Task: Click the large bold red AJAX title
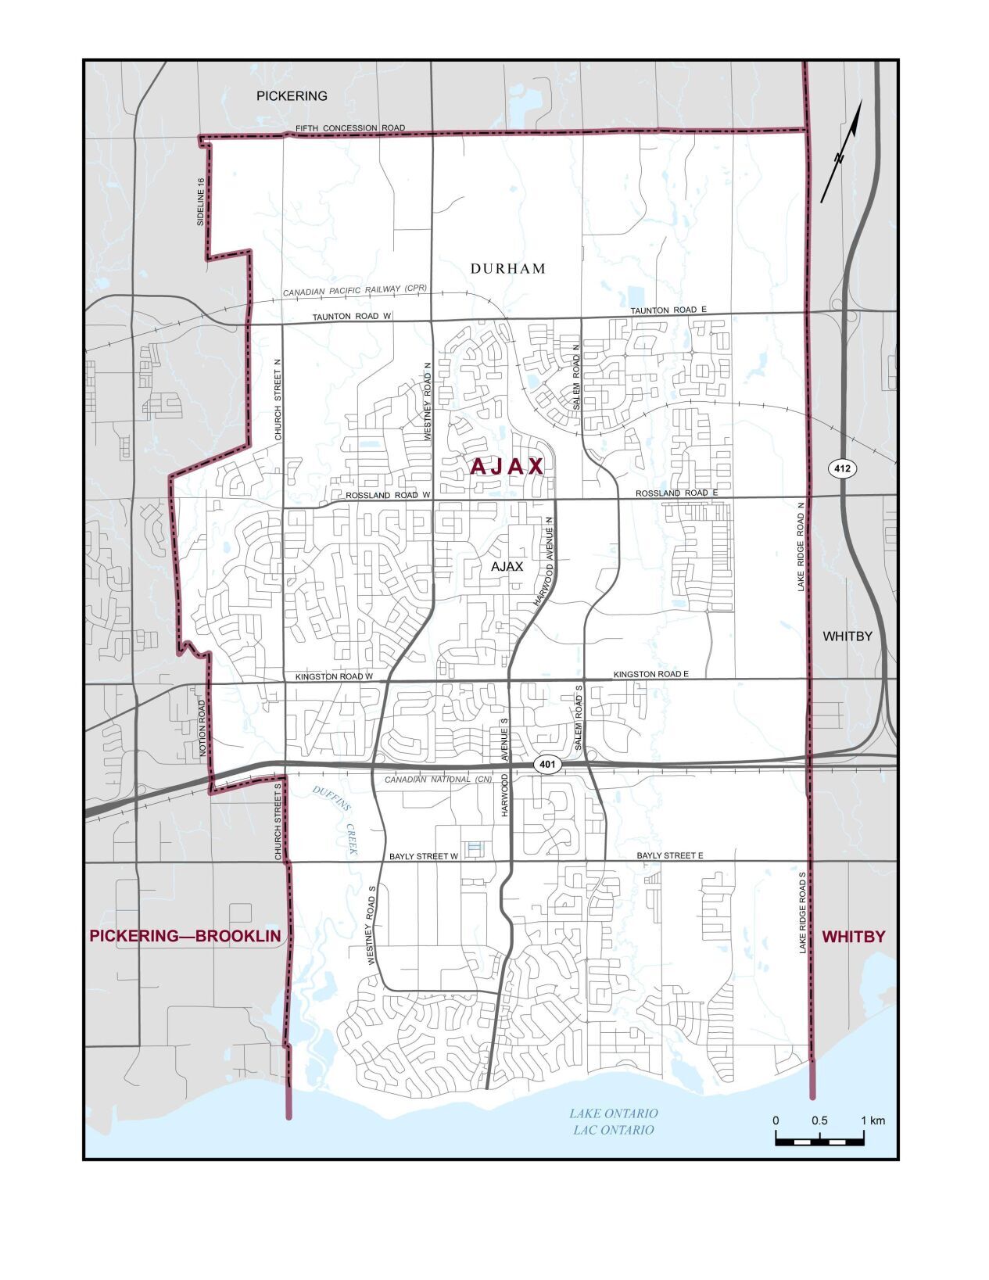(x=507, y=467)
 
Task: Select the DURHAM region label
(x=508, y=268)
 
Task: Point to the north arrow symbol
(x=842, y=152)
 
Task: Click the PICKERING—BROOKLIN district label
(x=185, y=936)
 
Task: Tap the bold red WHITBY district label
(x=854, y=936)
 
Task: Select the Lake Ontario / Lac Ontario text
(x=613, y=1121)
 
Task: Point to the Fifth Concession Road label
(x=350, y=127)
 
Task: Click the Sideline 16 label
(x=201, y=203)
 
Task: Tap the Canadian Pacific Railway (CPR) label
(x=355, y=291)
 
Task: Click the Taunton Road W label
(x=351, y=317)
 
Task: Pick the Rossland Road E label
(x=676, y=493)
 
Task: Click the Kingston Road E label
(x=650, y=673)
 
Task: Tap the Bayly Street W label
(x=423, y=856)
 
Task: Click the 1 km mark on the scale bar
(x=864, y=1121)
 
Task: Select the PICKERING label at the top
(x=292, y=96)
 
